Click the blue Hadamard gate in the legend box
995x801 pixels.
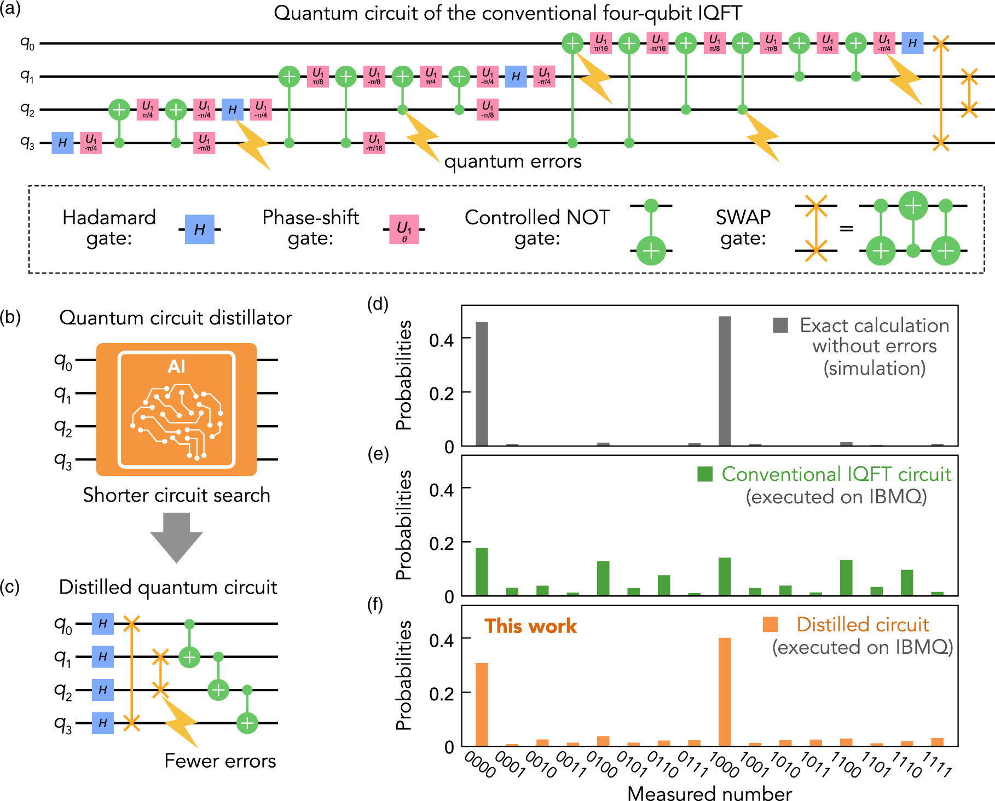(x=199, y=229)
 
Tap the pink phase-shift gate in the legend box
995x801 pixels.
(x=404, y=229)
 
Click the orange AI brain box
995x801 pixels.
(x=176, y=409)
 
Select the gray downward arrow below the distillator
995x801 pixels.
(x=176, y=536)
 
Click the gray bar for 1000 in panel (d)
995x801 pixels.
(x=725, y=381)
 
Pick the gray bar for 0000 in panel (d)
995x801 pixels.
(x=482, y=384)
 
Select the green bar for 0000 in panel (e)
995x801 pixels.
(x=482, y=572)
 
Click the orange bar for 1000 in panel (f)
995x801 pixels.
(x=725, y=692)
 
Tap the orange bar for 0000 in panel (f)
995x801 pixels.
(x=482, y=705)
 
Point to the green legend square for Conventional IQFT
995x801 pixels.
(x=705, y=474)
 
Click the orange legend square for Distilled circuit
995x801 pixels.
(x=770, y=624)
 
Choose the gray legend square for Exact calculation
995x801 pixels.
(x=780, y=325)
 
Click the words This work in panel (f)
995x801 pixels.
(x=530, y=626)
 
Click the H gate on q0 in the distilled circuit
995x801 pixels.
(x=103, y=624)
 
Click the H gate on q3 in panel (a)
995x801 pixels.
(x=62, y=143)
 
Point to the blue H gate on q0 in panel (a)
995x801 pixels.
(x=912, y=43)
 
